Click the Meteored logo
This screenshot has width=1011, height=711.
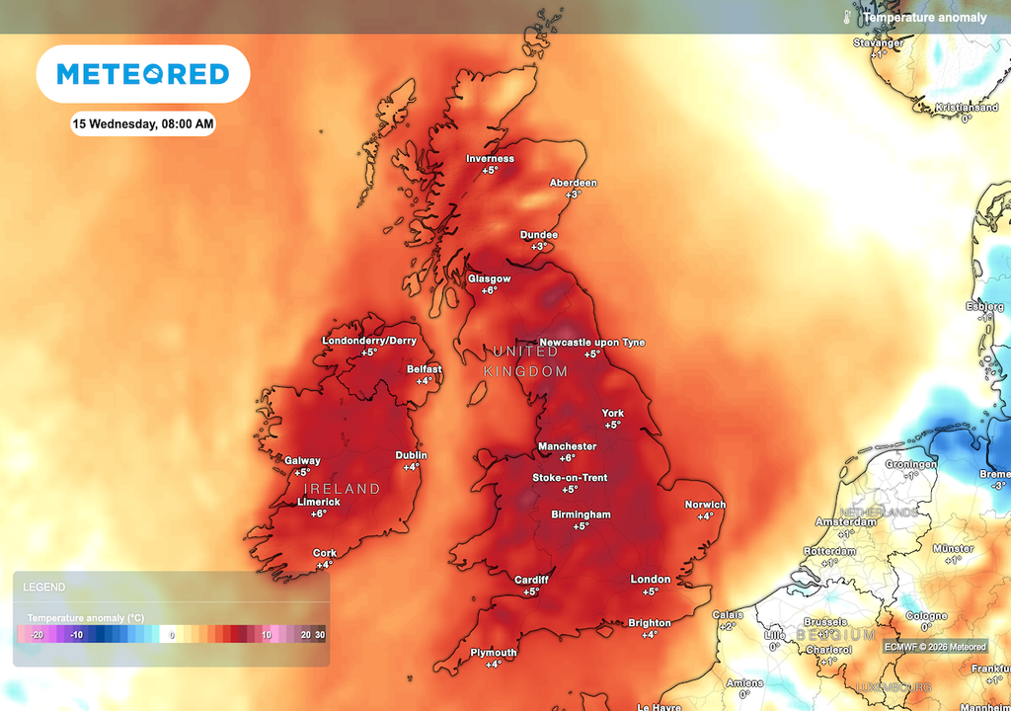143,74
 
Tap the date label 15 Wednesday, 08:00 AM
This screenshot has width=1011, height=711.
143,124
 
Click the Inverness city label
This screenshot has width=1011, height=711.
491,159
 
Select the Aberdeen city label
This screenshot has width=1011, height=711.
574,183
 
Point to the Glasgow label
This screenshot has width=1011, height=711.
490,278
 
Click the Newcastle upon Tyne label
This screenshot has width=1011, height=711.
592,343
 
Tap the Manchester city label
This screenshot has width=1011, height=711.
567,446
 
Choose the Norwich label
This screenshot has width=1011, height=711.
705,505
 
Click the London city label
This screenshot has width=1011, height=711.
651,580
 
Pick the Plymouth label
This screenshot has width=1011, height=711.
494,653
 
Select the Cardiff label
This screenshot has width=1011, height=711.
531,580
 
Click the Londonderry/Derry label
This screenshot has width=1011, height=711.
369,341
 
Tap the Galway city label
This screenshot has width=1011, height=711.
302,461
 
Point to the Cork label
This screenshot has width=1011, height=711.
325,553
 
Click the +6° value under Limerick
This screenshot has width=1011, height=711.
319,513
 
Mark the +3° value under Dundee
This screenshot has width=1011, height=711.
539,246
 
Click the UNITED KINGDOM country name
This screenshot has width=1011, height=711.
525,361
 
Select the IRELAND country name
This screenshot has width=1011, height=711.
342,489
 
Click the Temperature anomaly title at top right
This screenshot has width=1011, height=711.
924,18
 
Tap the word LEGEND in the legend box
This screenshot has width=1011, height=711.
44,587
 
